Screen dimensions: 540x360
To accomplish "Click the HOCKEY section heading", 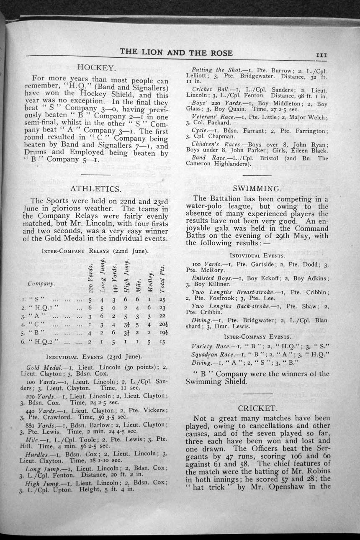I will pyautogui.click(x=96, y=67).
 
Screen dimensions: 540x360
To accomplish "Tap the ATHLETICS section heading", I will pyautogui.click(x=96, y=189).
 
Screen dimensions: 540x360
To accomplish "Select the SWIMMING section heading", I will pyautogui.click(x=257, y=188).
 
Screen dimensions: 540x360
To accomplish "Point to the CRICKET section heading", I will pyautogui.click(x=257, y=408).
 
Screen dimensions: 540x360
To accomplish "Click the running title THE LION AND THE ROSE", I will pyautogui.click(x=176, y=52).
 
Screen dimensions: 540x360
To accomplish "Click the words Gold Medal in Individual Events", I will pyautogui.click(x=39, y=367).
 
